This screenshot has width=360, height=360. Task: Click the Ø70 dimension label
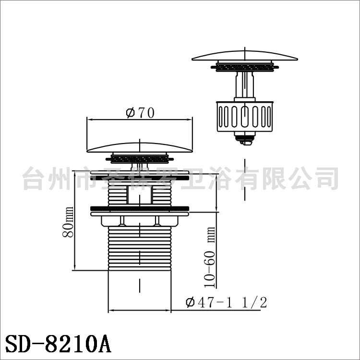(x=140, y=113)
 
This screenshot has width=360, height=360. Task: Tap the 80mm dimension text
(x=68, y=222)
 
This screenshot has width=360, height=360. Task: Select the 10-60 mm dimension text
(x=210, y=257)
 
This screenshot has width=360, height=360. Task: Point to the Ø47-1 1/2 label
(x=227, y=302)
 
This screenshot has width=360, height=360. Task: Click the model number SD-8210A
(x=58, y=344)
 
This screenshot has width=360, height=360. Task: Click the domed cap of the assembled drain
(x=140, y=147)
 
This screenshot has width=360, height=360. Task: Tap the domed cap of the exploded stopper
(x=245, y=56)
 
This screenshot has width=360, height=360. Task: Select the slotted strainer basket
(x=245, y=117)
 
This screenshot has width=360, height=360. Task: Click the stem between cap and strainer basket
(x=245, y=84)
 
